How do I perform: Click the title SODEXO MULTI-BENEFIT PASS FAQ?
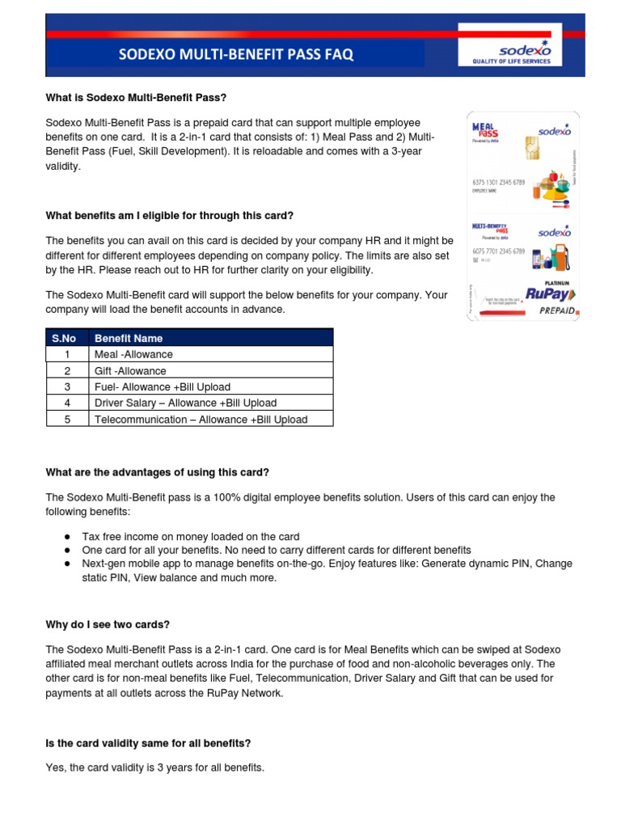point(236,55)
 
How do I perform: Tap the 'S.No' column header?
point(67,338)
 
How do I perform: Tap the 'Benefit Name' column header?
point(129,338)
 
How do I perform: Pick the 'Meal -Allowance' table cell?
point(133,354)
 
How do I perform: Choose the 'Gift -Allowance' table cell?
point(130,370)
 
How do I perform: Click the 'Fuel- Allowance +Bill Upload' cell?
point(162,387)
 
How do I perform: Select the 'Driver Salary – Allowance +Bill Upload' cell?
point(185,403)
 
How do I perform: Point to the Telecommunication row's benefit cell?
point(201,419)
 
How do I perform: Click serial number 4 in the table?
point(67,403)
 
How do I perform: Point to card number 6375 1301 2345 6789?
point(497,183)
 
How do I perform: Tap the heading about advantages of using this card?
point(157,472)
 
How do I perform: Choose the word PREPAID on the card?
point(551,310)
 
